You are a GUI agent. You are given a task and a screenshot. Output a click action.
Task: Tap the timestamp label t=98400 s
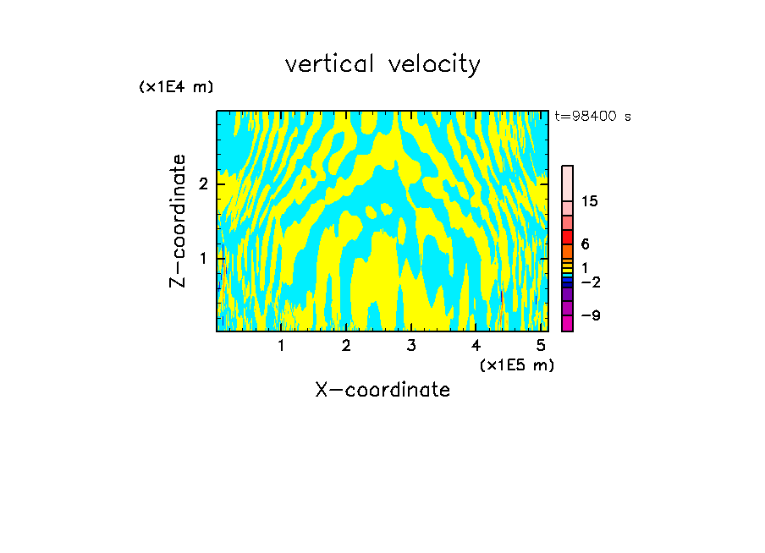tap(592, 117)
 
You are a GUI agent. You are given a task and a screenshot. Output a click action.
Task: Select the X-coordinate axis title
tap(382, 390)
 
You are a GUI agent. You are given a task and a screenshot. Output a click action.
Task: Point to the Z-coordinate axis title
tap(178, 221)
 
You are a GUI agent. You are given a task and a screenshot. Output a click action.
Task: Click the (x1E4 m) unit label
tap(176, 87)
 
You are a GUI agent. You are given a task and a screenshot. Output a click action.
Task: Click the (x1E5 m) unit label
tap(516, 364)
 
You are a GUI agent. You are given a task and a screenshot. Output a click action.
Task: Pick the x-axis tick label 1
tap(282, 345)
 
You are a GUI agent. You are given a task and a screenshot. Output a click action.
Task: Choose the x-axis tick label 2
tap(346, 345)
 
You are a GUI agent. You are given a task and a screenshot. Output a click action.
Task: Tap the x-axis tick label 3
tap(411, 345)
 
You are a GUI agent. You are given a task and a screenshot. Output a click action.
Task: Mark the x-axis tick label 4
tap(476, 345)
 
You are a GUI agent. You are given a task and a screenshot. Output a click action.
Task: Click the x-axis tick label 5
tap(541, 345)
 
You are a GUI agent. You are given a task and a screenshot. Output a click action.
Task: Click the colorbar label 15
tap(590, 201)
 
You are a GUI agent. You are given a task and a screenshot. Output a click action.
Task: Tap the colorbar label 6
tap(585, 244)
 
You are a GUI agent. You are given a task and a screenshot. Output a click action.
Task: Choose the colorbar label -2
tap(590, 282)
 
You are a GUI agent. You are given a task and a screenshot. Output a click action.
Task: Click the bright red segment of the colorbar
tap(567, 237)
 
